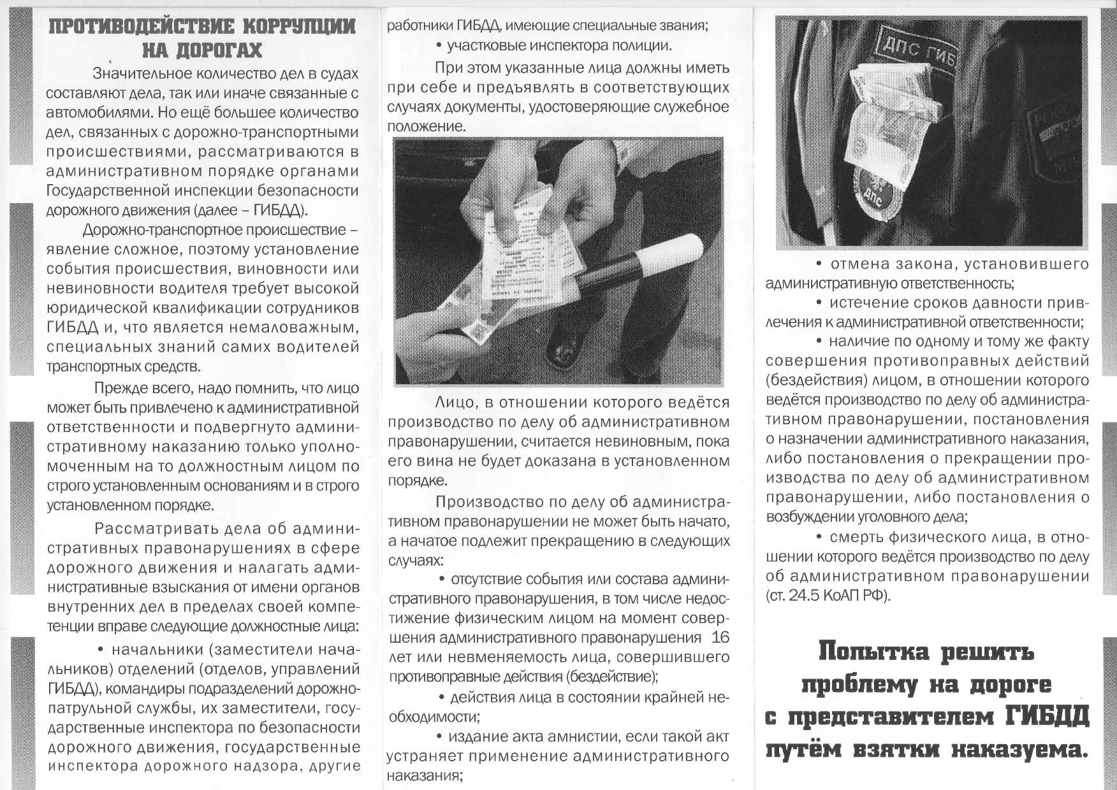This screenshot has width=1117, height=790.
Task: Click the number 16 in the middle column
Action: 719,638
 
